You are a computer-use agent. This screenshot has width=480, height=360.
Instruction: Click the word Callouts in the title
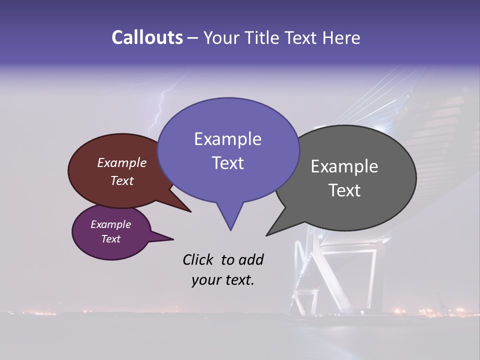click(147, 37)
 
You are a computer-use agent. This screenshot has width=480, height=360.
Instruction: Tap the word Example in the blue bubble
click(227, 139)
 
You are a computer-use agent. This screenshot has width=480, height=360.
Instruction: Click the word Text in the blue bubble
click(227, 163)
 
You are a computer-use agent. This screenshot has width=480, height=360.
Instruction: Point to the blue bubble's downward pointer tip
click(230, 229)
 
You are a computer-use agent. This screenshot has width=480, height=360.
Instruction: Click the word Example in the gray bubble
click(344, 166)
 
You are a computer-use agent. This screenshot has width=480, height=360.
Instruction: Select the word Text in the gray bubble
click(344, 190)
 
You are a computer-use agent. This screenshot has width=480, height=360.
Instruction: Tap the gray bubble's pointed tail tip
click(267, 234)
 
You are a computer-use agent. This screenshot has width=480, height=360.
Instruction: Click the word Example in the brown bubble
click(121, 162)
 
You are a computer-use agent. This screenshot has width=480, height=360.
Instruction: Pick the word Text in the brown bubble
click(121, 180)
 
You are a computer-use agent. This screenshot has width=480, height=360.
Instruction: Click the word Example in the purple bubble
click(110, 224)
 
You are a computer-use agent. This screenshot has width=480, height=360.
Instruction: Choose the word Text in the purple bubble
click(110, 239)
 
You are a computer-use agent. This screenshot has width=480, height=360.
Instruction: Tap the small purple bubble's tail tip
click(173, 239)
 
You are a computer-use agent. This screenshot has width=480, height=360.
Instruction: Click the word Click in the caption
click(198, 259)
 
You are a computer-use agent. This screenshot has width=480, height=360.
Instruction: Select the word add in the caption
click(251, 259)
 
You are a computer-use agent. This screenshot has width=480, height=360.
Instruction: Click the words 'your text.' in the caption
click(223, 280)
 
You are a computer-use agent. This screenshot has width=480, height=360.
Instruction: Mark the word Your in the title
click(220, 37)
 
